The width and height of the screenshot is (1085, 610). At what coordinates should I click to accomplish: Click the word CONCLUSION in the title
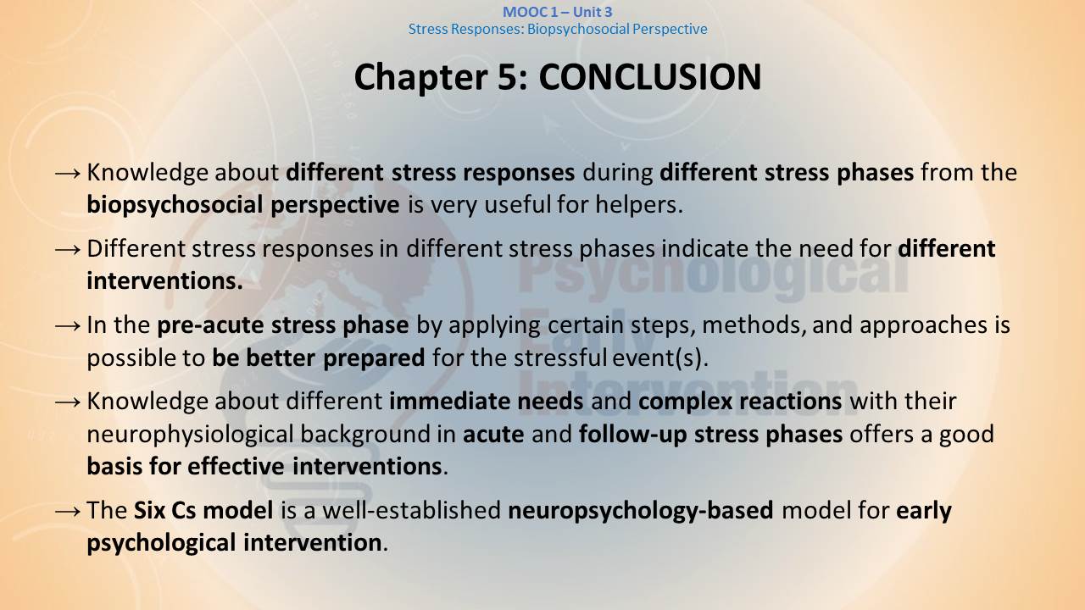pyautogui.click(x=650, y=77)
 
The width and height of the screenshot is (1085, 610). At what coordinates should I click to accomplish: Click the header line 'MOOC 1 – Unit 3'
pyautogui.click(x=558, y=12)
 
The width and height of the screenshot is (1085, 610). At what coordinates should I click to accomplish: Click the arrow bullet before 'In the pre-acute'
pyautogui.click(x=68, y=326)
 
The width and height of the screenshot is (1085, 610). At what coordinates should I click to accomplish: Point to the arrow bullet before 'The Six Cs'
pyautogui.click(x=68, y=511)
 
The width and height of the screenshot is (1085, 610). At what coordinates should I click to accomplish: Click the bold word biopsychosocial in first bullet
pyautogui.click(x=175, y=205)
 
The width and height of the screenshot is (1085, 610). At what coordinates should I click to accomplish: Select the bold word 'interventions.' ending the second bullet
pyautogui.click(x=164, y=280)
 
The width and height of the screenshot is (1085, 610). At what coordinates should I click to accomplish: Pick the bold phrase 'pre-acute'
pyautogui.click(x=210, y=325)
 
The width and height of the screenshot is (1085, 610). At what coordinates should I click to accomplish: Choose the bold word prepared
pyautogui.click(x=374, y=358)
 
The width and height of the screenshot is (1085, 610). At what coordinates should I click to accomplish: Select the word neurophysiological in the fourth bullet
pyautogui.click(x=191, y=435)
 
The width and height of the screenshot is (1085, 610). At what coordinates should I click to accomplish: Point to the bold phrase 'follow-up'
pyautogui.click(x=632, y=435)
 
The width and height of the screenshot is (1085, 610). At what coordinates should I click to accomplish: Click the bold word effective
pyautogui.click(x=236, y=467)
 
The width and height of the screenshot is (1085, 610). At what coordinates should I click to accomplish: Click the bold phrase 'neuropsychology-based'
pyautogui.click(x=640, y=511)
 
